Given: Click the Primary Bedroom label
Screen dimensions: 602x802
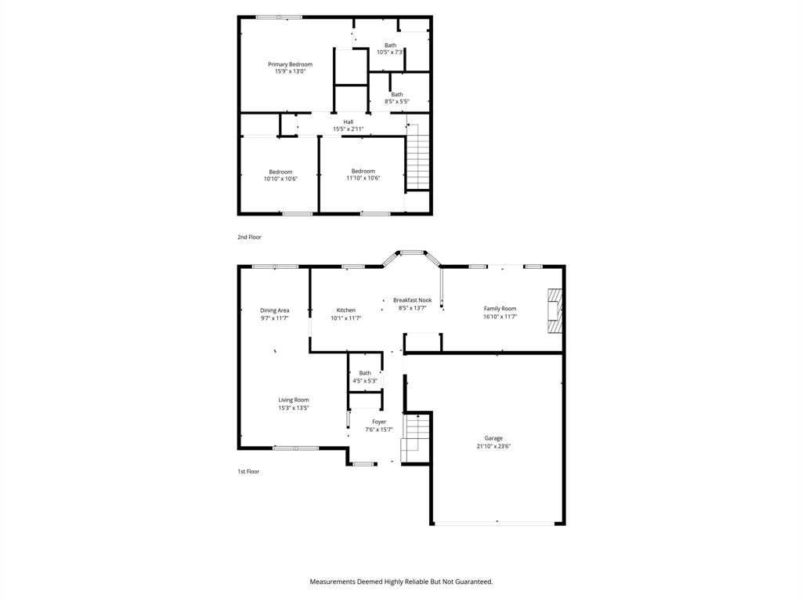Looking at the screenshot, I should (290, 64).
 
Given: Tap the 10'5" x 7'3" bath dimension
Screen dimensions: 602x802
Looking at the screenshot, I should (390, 53).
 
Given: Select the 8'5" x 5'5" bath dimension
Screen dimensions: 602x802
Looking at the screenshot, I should (396, 101).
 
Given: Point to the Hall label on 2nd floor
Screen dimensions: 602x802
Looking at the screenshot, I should (348, 121).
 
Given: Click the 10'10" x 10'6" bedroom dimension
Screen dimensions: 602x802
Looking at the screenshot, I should (280, 179).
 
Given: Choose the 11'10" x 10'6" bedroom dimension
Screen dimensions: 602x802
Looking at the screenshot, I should (363, 178).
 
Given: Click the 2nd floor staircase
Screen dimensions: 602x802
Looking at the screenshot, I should (418, 161).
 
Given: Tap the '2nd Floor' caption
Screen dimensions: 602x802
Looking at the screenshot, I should (249, 237).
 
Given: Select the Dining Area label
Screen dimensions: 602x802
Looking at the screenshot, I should (274, 310).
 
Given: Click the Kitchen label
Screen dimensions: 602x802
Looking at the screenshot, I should (345, 310).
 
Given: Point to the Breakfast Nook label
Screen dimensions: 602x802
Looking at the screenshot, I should (412, 300).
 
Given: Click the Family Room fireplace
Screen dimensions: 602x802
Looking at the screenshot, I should (555, 308).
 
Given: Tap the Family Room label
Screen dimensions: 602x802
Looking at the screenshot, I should (500, 309).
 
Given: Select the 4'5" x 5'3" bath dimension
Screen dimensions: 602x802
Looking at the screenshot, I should (365, 381).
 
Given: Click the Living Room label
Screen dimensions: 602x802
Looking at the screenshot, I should (294, 400).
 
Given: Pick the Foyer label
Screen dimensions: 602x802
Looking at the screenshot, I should (379, 422).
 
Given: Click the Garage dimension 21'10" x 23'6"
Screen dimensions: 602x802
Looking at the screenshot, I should (493, 446).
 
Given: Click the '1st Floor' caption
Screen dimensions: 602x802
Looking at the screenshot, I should (248, 472).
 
